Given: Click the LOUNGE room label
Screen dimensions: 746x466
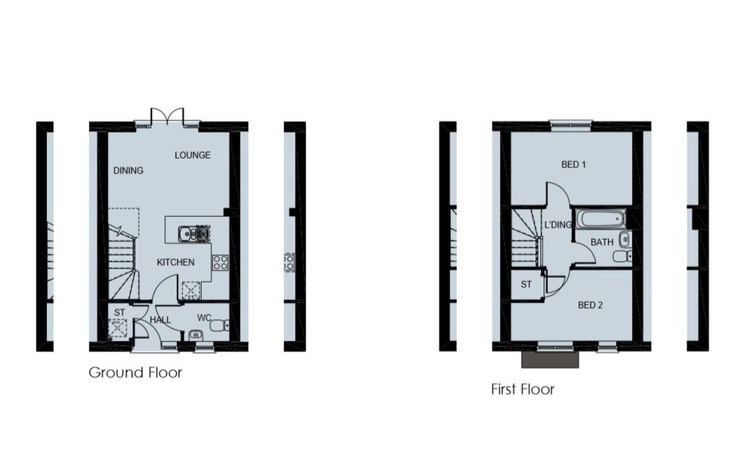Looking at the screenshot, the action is [x=192, y=155].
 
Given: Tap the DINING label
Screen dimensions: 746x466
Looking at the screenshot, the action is [x=128, y=171].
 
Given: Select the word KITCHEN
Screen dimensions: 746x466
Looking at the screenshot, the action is [x=175, y=262].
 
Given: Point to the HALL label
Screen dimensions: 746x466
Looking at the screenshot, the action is [x=160, y=320].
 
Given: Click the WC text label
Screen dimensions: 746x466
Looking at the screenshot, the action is [x=204, y=318].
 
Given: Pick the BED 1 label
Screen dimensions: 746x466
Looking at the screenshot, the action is [x=573, y=164].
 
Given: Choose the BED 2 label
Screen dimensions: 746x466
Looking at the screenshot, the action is [x=590, y=305].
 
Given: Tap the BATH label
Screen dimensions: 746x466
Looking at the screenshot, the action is [x=602, y=242].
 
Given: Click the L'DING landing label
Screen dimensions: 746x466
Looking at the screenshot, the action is [x=558, y=224].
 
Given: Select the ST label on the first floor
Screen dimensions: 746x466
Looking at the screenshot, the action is [x=526, y=284].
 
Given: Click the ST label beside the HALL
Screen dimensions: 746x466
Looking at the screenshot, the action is [x=119, y=313].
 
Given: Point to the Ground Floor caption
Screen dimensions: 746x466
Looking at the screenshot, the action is [x=135, y=372].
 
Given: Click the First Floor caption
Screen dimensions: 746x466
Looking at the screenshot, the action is [x=522, y=389].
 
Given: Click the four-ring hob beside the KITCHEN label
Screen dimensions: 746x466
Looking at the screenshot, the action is [x=220, y=262].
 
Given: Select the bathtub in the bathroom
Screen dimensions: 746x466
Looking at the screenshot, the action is [x=601, y=220].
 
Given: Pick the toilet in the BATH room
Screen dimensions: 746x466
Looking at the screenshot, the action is [x=622, y=256].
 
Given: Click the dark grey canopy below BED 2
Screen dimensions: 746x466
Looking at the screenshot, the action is [x=550, y=360].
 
